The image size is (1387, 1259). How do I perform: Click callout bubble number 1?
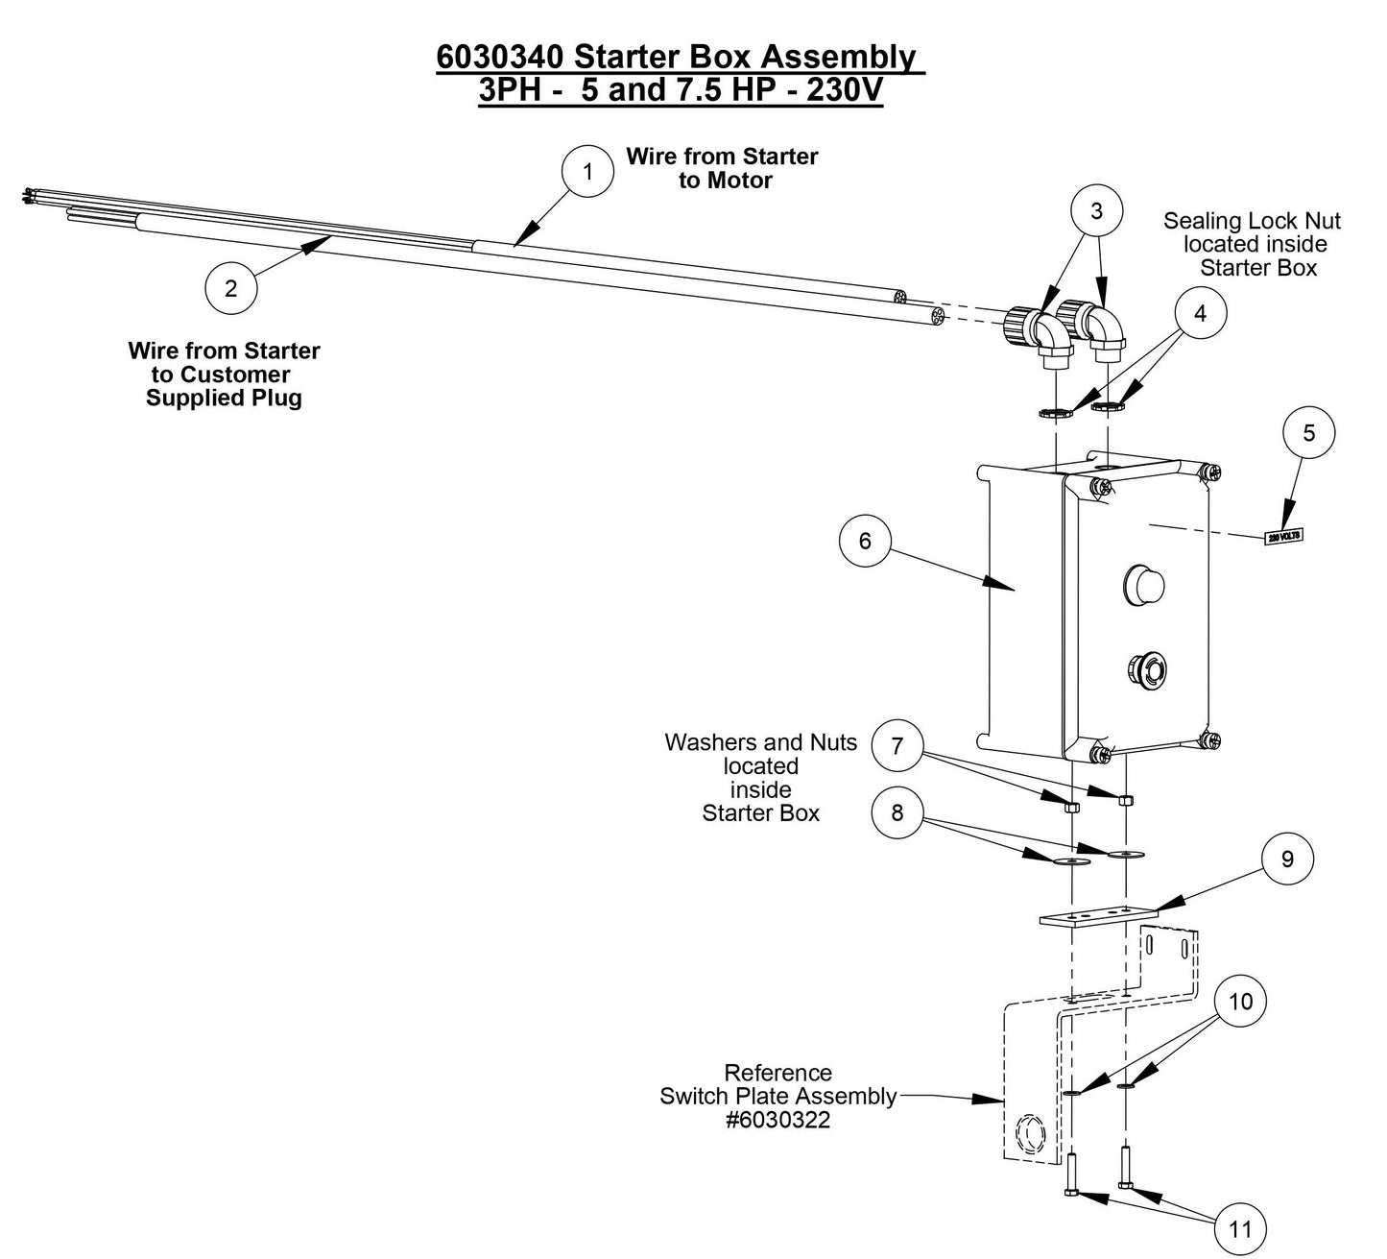[587, 172]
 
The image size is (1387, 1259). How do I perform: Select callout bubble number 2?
[231, 287]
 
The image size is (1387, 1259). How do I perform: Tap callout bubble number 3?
[1096, 211]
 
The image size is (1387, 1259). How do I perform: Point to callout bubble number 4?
[1200, 313]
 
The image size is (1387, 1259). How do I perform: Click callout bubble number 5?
[1309, 433]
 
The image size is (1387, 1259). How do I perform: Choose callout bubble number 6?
[865, 541]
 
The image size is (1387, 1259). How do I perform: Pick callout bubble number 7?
[897, 746]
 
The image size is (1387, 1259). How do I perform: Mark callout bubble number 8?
[897, 812]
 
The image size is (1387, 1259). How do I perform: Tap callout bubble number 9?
[1287, 859]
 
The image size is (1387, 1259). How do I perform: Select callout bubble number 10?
[1240, 1002]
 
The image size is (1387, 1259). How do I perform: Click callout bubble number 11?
[1240, 1228]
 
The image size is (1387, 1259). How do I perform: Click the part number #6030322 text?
[777, 1120]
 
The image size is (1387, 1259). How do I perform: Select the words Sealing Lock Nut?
[1252, 221]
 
